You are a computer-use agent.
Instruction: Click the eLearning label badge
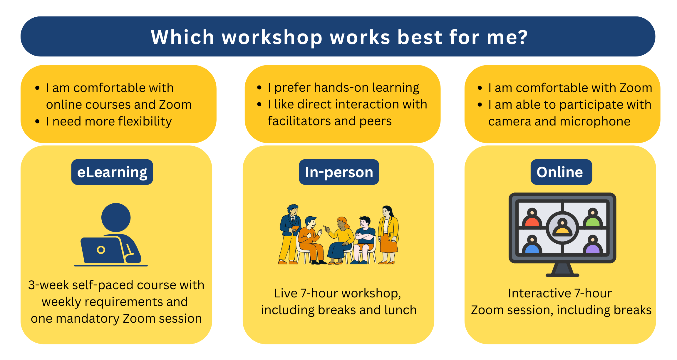pyautogui.click(x=112, y=172)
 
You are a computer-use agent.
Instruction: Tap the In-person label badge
pyautogui.click(x=339, y=172)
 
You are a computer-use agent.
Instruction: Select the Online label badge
pyautogui.click(x=561, y=172)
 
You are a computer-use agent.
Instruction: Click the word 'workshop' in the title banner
pyautogui.click(x=272, y=38)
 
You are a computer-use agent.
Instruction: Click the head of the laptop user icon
pyautogui.click(x=116, y=217)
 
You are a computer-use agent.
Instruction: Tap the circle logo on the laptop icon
pyautogui.click(x=101, y=250)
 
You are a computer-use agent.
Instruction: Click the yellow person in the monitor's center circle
pyautogui.click(x=562, y=228)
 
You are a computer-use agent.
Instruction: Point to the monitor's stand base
pyautogui.click(x=562, y=275)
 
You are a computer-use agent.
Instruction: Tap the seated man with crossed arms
pyautogui.click(x=364, y=238)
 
